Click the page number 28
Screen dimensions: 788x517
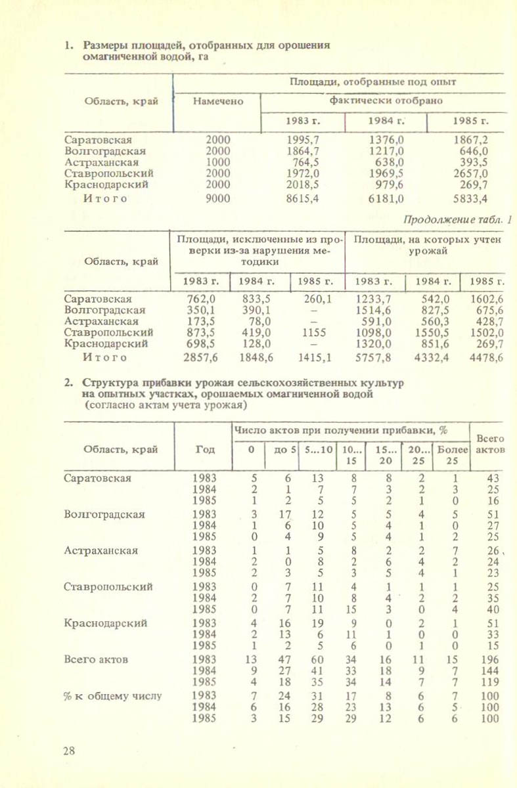(x=69, y=752)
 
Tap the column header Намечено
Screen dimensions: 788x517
(x=217, y=101)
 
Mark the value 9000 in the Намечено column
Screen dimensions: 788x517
(x=218, y=198)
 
